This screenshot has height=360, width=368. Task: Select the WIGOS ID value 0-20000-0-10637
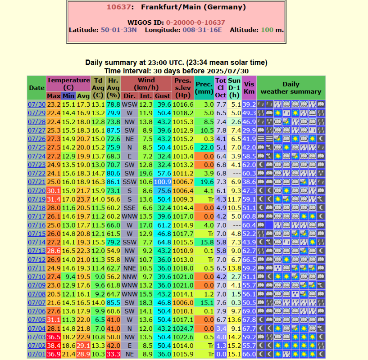195,22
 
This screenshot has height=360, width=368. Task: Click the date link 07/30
36,104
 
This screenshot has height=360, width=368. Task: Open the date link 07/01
36,355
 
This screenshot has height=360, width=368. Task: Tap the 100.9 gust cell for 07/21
163,182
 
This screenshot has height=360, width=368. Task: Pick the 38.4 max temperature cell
54,346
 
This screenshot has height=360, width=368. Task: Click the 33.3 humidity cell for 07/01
113,355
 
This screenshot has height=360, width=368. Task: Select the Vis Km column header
249,88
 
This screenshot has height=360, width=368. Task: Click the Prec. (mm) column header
204,88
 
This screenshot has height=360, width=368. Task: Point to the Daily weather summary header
291,88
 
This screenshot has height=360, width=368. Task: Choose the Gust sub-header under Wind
163,95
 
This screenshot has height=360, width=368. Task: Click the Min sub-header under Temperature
68,95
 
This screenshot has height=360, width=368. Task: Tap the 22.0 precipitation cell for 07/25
204,147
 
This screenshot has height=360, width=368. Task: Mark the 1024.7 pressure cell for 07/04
184,328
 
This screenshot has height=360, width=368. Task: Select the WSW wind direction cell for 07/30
129,104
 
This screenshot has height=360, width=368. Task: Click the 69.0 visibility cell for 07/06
249,311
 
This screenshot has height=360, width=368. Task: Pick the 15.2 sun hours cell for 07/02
234,346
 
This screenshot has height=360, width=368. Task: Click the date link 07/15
36,234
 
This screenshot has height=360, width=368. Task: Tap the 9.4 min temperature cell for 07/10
68,277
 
